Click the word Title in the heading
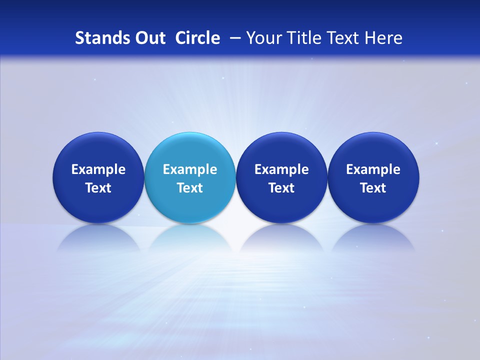pos(304,38)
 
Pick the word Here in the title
pos(384,38)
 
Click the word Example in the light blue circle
pos(190,169)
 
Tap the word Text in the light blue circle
pos(190,188)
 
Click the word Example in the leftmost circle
pos(98,169)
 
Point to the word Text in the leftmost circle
pos(98,188)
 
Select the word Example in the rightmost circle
pos(373,169)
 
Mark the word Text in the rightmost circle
pos(373,188)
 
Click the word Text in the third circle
pos(281,188)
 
